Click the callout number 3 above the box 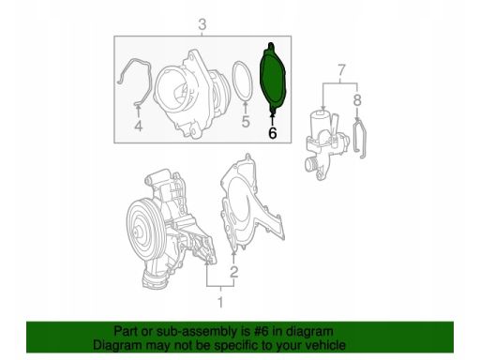[x=202, y=24]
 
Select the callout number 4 [x=139, y=127]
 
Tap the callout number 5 [x=246, y=122]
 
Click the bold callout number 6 [x=273, y=133]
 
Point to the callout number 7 [x=341, y=70]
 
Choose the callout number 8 [x=357, y=100]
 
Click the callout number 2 [x=234, y=272]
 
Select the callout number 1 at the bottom [x=220, y=302]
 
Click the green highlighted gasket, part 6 [x=273, y=78]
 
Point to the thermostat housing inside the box [x=190, y=94]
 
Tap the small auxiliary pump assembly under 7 [x=325, y=143]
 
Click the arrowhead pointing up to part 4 [x=138, y=109]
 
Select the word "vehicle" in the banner [x=325, y=345]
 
